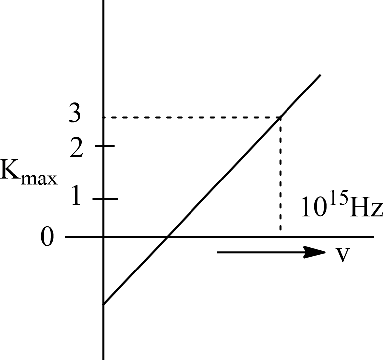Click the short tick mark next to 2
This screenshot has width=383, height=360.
(106, 146)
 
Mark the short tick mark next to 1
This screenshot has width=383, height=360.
(106, 199)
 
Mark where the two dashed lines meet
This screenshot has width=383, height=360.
(281, 117)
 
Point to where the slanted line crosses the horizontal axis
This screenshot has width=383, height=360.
(168, 237)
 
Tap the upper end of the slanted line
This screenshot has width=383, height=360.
(320, 76)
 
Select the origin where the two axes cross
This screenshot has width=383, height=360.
(103, 237)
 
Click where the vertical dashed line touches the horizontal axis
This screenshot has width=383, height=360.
(281, 236)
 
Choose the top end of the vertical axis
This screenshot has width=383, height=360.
(103, 2)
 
